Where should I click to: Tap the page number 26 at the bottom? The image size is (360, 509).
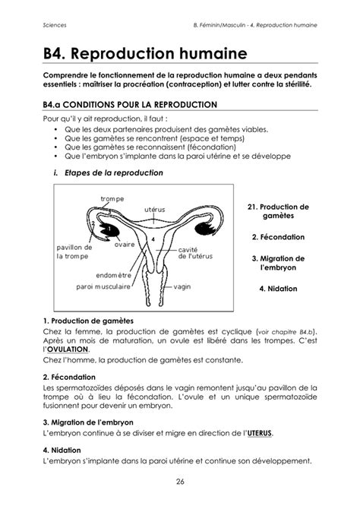(180, 480)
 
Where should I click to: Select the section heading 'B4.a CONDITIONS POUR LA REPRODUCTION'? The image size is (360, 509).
(130, 104)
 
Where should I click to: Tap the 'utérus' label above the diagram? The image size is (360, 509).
(154, 208)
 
